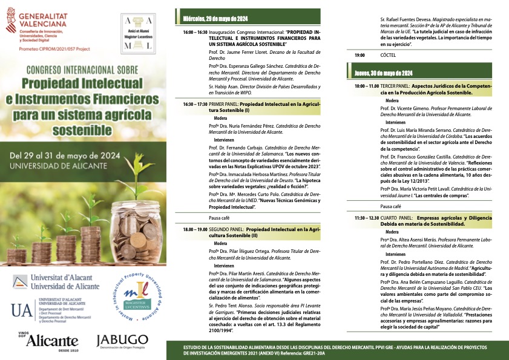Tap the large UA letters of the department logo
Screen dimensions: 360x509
coord(21,311)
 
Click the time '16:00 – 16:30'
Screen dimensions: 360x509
coord(195,31)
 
